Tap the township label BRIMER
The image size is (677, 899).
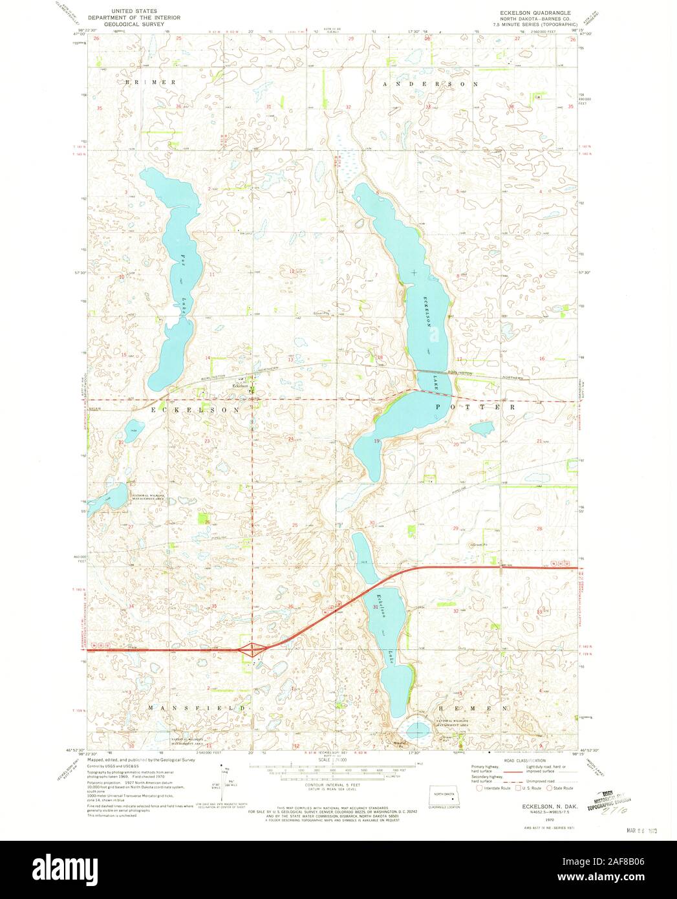(151, 83)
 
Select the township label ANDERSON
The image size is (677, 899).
(430, 84)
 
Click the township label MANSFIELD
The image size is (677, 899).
(198, 708)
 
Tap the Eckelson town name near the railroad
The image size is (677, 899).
(241, 386)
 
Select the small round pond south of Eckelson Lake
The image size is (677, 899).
(417, 728)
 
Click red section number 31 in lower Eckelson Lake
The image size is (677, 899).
(376, 607)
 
